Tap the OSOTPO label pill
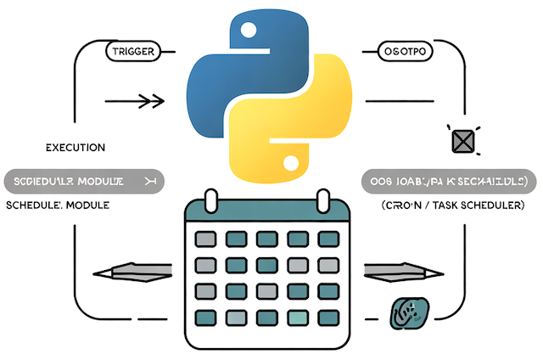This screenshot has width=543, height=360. click(x=401, y=53)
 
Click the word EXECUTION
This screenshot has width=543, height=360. click(x=76, y=147)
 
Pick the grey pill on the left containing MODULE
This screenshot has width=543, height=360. click(x=83, y=182)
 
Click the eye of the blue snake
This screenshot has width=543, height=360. click(x=249, y=32)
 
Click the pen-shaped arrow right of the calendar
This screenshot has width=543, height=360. click(x=404, y=272)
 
